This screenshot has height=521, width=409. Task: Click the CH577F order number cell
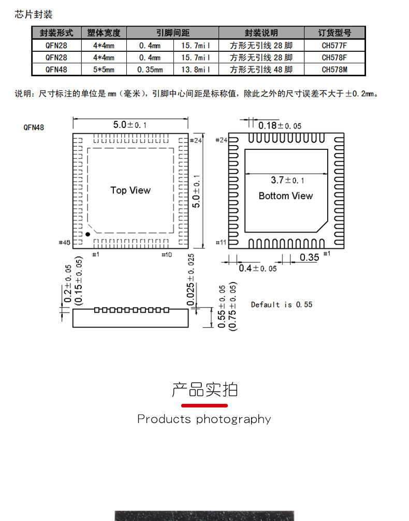click(334, 45)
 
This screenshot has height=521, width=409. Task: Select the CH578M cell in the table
click(334, 69)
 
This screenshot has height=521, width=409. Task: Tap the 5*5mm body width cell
click(103, 69)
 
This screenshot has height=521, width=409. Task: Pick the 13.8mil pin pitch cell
click(196, 69)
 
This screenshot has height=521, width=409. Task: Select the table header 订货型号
click(334, 33)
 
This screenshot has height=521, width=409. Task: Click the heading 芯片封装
click(34, 15)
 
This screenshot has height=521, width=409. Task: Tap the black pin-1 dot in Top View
click(87, 234)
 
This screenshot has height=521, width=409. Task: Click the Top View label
click(130, 190)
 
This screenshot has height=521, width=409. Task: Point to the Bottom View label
click(286, 196)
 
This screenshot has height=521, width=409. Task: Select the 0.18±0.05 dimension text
click(280, 125)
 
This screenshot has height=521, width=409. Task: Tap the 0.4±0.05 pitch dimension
click(257, 268)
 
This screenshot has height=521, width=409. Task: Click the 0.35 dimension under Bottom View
click(309, 257)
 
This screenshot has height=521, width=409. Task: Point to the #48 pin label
click(65, 242)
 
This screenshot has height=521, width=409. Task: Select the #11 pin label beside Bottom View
click(221, 243)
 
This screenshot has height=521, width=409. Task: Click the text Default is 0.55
click(282, 304)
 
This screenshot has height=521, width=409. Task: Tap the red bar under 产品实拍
click(204, 405)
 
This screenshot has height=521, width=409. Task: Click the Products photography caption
click(204, 419)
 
